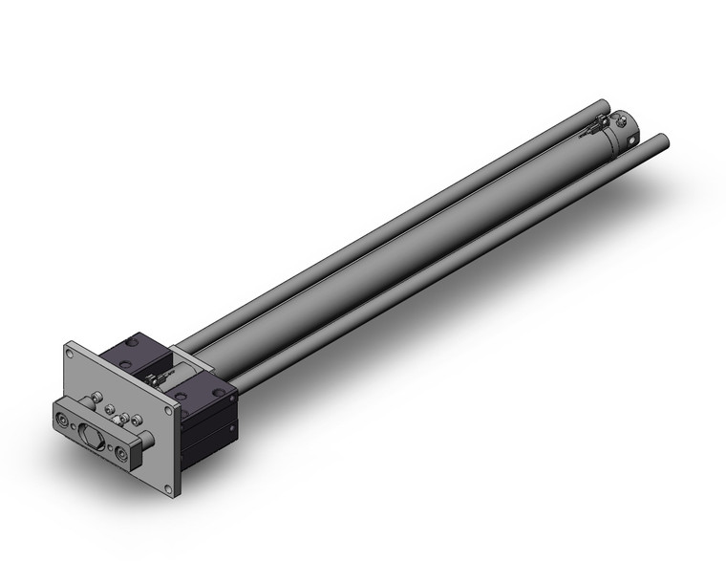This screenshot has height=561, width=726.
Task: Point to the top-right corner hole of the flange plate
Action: point(170,412)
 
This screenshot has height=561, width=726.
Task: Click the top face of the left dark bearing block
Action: point(136,345)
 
